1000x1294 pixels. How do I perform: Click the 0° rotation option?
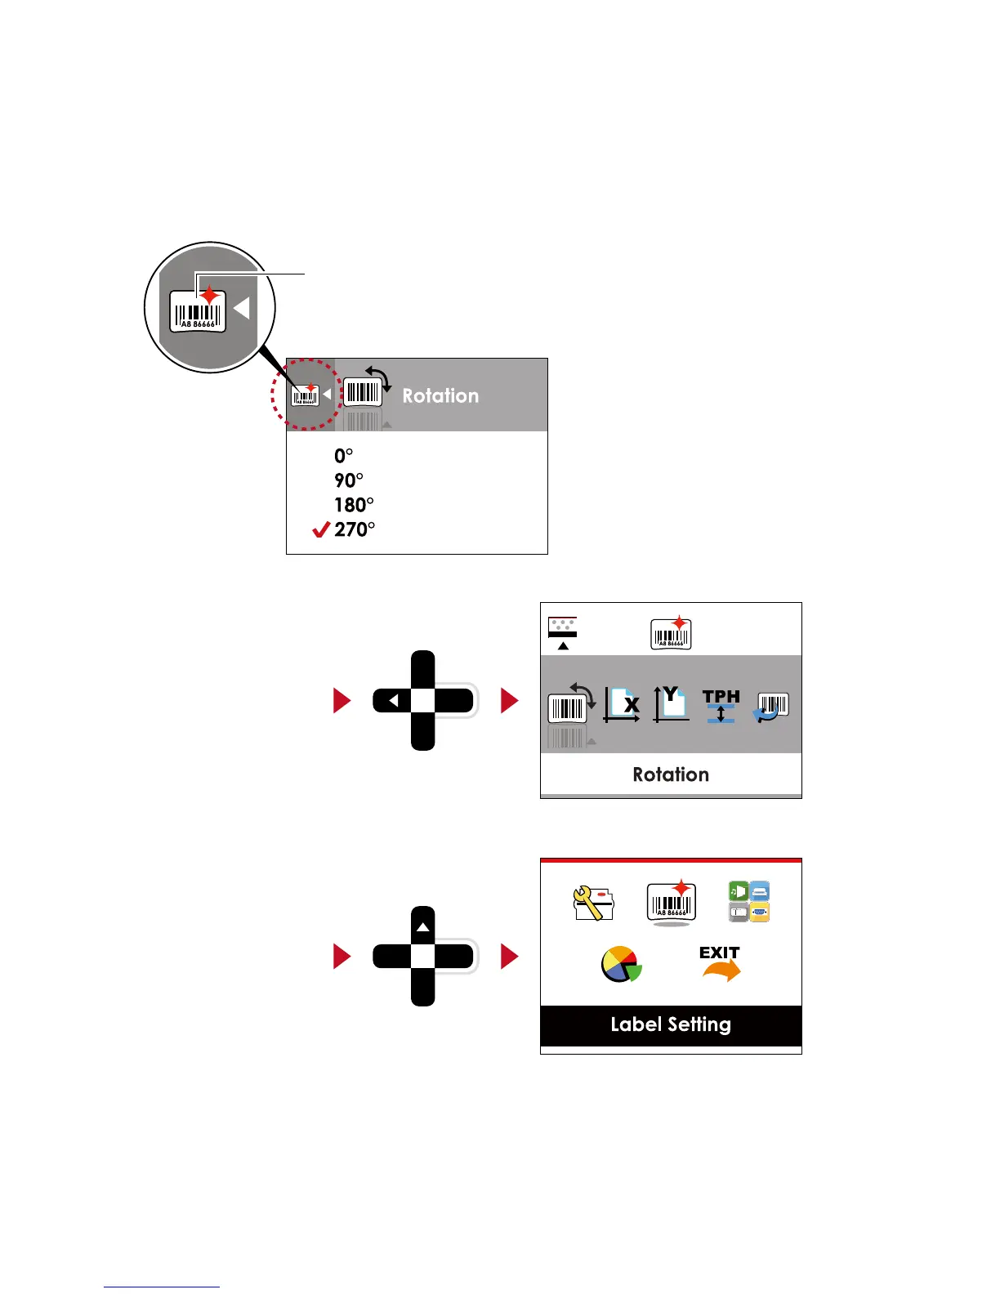pos(343,456)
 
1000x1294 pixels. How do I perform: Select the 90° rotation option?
pos(349,480)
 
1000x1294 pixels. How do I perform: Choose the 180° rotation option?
pos(354,505)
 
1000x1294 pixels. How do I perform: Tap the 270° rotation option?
pos(355,529)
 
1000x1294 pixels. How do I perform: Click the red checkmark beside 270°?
pos(321,530)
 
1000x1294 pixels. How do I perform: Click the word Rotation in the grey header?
pos(440,395)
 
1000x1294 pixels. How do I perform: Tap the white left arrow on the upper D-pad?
pos(394,701)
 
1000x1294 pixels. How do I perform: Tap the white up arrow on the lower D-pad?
pos(422,927)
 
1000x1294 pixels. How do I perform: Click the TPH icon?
pos(721,705)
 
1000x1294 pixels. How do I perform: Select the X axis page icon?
pos(622,704)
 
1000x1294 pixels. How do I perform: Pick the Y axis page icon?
pos(671,704)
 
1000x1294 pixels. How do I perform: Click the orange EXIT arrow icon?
pos(720,964)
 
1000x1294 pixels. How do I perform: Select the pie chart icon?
pos(621,964)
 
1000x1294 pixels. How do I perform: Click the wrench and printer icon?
pos(593,903)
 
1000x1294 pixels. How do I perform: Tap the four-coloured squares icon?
pos(749,902)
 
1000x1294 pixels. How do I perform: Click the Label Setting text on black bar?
pos(671,1024)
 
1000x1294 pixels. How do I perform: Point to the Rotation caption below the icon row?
pos(671,774)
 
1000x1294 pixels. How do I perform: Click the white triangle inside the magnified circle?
pos(241,308)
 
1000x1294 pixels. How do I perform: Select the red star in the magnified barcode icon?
pos(210,295)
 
